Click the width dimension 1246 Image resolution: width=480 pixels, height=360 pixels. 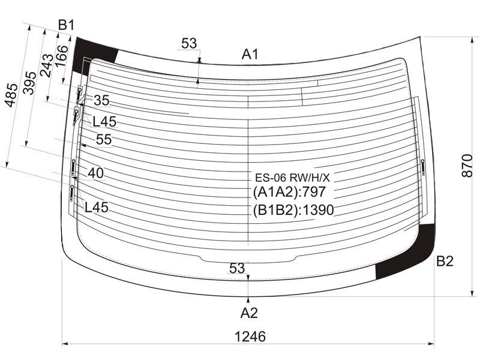tap(250, 337)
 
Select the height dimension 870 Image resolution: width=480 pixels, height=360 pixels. tap(467, 166)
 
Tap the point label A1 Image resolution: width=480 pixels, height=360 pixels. tap(250, 55)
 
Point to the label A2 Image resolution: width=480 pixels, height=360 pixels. tap(249, 313)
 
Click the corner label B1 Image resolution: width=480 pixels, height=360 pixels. tap(67, 25)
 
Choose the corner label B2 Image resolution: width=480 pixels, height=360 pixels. tap(445, 261)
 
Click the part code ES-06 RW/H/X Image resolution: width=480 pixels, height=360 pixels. tap(292, 178)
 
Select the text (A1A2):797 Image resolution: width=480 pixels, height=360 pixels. tap(289, 192)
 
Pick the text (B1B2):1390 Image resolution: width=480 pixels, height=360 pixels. tap(293, 210)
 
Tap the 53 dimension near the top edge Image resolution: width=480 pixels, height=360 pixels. tap(189, 43)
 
